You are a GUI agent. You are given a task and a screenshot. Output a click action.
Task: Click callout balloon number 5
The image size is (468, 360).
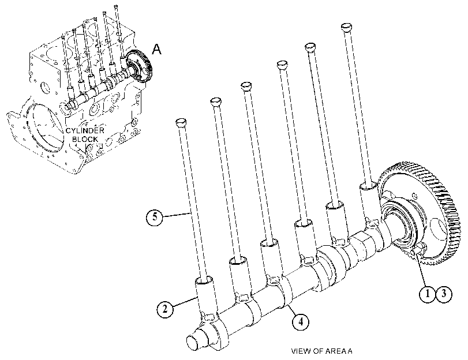click(x=155, y=217)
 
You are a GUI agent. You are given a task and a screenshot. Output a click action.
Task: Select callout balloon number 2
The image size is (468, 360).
click(x=165, y=309)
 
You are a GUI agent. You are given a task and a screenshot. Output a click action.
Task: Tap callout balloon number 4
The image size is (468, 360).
click(x=301, y=322)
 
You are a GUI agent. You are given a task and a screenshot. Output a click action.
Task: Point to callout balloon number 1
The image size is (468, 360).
click(x=428, y=294)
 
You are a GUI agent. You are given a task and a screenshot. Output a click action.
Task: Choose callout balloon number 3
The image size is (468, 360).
click(x=444, y=294)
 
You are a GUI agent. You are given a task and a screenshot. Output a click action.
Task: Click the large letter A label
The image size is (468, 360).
click(x=156, y=49)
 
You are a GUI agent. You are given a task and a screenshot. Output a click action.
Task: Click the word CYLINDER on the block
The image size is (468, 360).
click(x=85, y=131)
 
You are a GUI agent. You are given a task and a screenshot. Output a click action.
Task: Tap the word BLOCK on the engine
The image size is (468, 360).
click(x=85, y=139)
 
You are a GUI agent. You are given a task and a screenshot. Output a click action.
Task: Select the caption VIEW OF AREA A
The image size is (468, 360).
click(x=321, y=351)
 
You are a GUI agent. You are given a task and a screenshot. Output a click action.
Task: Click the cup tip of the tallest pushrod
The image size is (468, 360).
click(x=347, y=27)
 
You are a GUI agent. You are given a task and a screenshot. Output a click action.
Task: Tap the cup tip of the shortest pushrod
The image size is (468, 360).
click(x=181, y=122)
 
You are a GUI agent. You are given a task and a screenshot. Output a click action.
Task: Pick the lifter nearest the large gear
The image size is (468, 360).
click(x=370, y=203)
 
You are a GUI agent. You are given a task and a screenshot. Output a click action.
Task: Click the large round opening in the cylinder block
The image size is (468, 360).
click(x=46, y=126)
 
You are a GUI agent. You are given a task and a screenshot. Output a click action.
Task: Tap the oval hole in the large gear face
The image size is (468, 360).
click(x=439, y=228)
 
